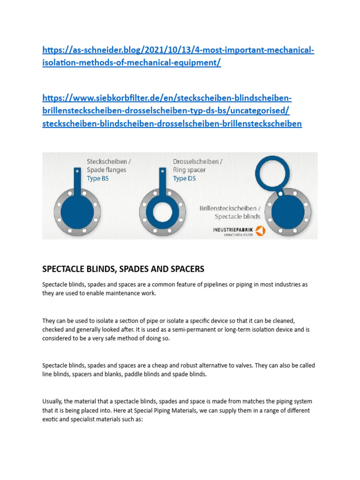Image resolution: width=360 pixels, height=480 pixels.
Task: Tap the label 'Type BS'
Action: [97, 179]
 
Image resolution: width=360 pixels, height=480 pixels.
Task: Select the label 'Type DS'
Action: [184, 179]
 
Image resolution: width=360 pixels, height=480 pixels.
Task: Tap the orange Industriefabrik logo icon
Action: [260, 231]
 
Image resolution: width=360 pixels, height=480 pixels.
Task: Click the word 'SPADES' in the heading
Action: [136, 269]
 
